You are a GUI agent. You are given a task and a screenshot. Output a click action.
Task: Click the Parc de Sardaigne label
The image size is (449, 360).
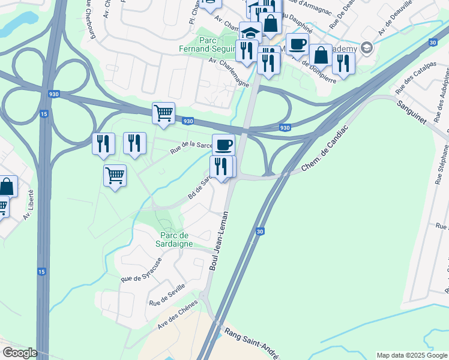click(176, 240)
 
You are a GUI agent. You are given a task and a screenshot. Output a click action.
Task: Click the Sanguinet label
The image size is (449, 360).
click(411, 112)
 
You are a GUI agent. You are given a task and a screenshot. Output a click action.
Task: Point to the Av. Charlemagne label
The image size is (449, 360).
click(229, 73)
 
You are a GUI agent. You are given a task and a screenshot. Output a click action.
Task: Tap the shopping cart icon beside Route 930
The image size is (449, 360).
click(163, 112)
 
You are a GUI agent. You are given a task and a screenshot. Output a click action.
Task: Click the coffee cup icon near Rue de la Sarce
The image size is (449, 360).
click(223, 144)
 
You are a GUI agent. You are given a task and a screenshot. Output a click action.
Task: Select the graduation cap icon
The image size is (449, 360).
click(250, 32)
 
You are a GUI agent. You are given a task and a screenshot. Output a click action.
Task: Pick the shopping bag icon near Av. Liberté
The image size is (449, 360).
click(7, 186)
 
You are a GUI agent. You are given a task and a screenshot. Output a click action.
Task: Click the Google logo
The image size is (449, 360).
click(19, 353)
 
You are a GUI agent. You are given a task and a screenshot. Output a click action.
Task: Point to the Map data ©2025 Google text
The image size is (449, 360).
click(412, 355)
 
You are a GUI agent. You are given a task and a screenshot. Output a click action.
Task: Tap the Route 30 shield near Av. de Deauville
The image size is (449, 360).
click(433, 42)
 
